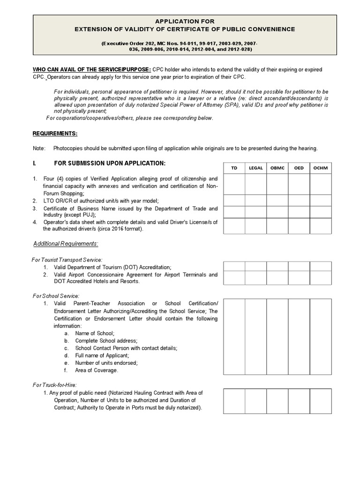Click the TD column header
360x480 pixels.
click(234, 168)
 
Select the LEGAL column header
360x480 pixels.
click(256, 168)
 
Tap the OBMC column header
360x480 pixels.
click(277, 168)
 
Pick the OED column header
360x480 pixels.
click(299, 168)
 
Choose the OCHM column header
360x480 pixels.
click(321, 168)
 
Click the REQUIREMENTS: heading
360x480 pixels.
click(55, 134)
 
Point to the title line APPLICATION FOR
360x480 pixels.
click(185, 21)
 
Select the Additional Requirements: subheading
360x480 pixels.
click(66, 244)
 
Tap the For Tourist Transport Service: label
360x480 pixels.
click(67, 259)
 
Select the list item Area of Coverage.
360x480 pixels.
click(97, 370)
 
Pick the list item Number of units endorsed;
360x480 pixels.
click(106, 363)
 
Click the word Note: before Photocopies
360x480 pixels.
click(39, 149)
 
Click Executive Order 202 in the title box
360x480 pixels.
click(129, 43)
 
